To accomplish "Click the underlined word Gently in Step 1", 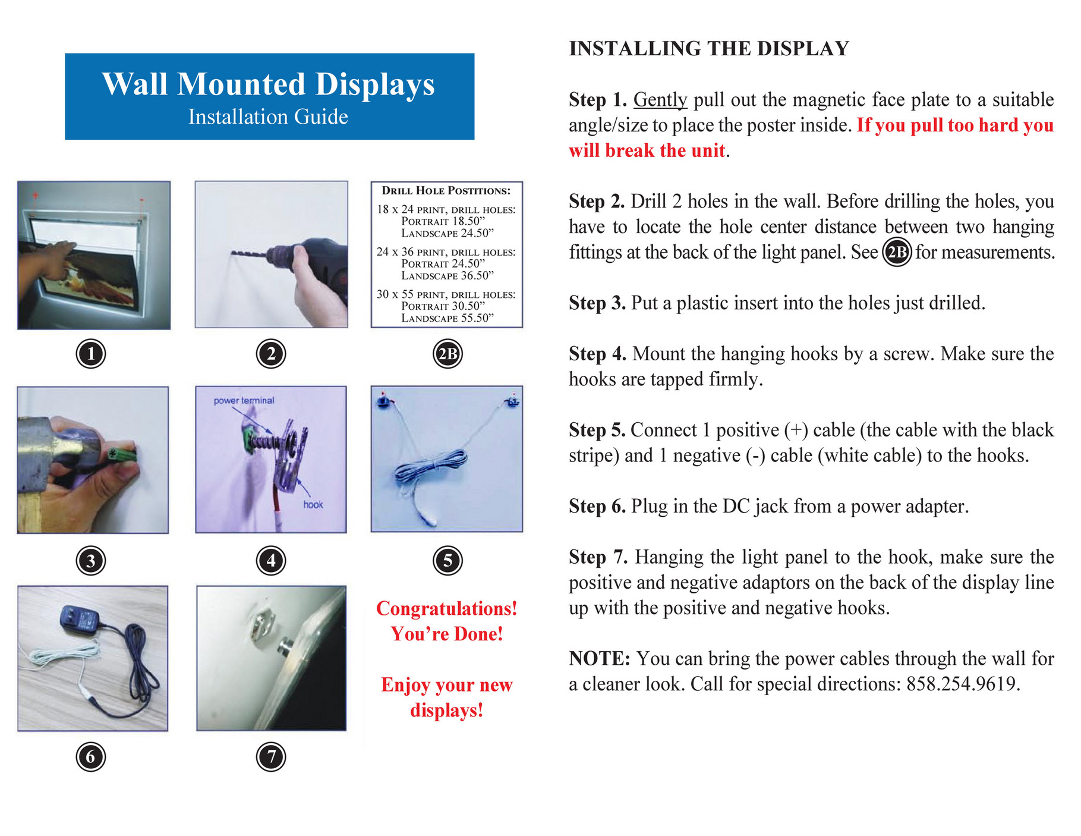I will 660,100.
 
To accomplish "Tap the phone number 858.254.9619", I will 962,684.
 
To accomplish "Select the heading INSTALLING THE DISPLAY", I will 708,48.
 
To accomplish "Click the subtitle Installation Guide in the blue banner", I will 268,117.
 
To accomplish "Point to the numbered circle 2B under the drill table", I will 447,354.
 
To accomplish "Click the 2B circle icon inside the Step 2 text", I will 896,253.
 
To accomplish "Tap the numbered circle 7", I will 271,757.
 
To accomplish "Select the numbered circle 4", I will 271,561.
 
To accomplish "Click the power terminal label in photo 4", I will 244,401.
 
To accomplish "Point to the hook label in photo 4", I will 313,505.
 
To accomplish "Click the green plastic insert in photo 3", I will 119,456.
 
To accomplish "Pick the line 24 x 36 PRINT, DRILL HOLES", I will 446,252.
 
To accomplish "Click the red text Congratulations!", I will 446,609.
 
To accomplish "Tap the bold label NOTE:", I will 599,659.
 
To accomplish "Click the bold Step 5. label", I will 597,430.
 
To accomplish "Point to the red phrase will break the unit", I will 647,150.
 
